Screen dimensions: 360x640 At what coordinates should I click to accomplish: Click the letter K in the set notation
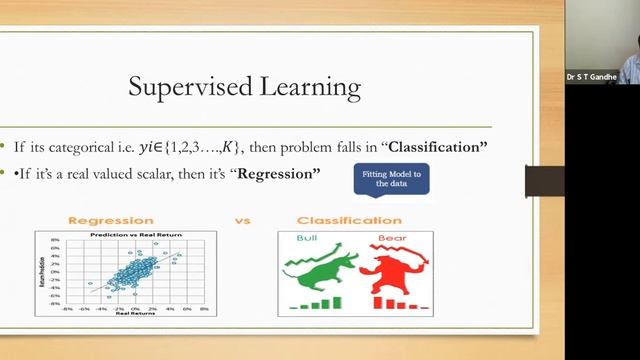click(x=230, y=147)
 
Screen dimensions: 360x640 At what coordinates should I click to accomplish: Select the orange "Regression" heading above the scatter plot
click(x=110, y=220)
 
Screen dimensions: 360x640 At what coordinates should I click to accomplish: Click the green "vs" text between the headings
click(x=242, y=220)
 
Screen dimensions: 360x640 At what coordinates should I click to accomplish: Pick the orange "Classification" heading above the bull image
click(x=349, y=220)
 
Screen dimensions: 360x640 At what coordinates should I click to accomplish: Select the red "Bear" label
click(x=389, y=239)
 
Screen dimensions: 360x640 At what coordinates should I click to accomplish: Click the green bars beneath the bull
click(x=318, y=302)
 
